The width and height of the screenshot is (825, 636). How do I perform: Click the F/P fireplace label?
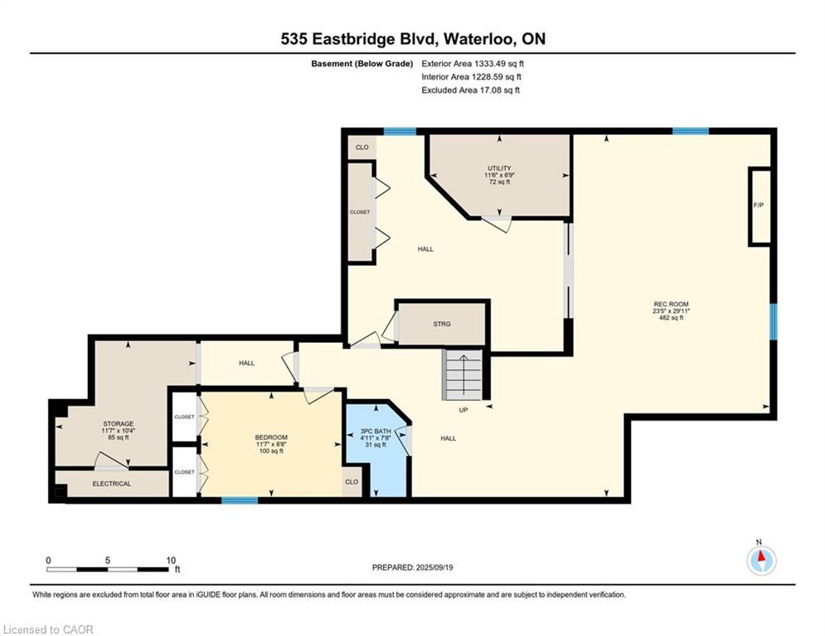click(758, 205)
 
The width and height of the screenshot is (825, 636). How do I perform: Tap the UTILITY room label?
click(499, 168)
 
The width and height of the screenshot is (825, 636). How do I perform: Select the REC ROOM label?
click(671, 304)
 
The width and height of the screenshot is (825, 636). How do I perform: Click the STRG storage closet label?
click(442, 325)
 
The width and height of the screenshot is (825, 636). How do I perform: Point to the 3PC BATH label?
click(376, 431)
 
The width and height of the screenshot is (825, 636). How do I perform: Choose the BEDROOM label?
click(271, 437)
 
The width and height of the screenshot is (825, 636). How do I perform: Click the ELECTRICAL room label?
click(112, 484)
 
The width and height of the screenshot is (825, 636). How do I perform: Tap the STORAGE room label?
click(119, 424)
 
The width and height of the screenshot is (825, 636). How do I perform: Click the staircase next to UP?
click(463, 374)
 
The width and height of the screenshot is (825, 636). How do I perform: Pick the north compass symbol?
click(761, 560)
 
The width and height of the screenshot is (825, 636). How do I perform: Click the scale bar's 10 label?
click(171, 561)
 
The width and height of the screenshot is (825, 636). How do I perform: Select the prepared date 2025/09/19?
click(434, 567)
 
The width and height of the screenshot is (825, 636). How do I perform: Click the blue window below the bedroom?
click(240, 500)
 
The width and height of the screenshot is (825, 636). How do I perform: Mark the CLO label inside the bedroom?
click(352, 482)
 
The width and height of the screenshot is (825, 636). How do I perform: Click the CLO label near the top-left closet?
click(362, 147)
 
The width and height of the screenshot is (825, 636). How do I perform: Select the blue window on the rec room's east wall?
click(774, 321)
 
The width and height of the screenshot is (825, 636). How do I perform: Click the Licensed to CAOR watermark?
click(48, 629)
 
